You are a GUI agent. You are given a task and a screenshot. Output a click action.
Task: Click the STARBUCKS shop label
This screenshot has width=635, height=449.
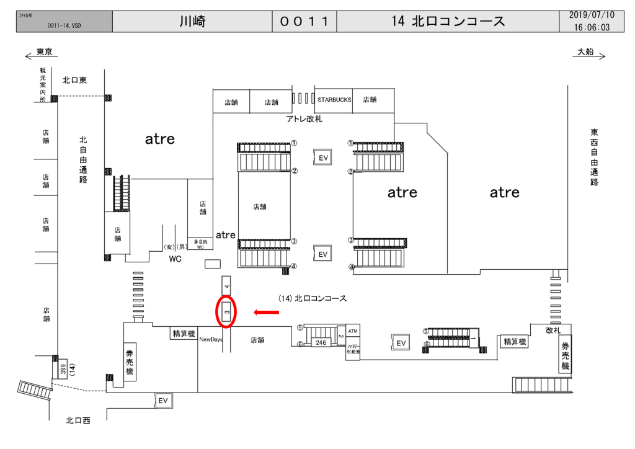click(x=334, y=99)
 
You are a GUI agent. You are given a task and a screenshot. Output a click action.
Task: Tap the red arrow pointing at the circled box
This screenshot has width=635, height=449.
click(x=267, y=312)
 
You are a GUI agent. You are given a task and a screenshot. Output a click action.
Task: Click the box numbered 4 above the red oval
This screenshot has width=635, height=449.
click(x=226, y=286)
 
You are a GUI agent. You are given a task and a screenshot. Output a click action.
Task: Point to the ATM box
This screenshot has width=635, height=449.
click(x=353, y=331)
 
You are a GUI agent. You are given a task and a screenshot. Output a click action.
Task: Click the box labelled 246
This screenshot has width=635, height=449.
click(x=321, y=342)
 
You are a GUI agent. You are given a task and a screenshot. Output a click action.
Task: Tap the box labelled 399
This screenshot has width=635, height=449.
click(x=63, y=370)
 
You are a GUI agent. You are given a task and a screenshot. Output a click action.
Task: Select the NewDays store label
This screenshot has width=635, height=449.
click(x=211, y=340)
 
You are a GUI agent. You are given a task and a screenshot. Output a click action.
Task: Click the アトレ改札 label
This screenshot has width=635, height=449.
click(x=304, y=118)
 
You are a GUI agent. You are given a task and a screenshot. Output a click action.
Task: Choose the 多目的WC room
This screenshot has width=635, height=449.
click(x=200, y=244)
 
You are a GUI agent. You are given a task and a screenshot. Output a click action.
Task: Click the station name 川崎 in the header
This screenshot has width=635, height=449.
click(x=192, y=22)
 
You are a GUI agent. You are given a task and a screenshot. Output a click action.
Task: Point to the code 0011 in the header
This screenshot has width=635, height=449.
click(x=304, y=22)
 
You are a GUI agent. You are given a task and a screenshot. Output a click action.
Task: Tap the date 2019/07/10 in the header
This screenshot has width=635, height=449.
click(x=592, y=15)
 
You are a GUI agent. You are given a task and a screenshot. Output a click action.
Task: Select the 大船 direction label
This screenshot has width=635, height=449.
click(x=585, y=52)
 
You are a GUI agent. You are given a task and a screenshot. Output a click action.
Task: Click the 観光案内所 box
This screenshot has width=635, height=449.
click(x=43, y=84)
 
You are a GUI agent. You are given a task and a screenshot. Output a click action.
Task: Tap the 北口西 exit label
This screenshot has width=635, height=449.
click(x=78, y=421)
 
